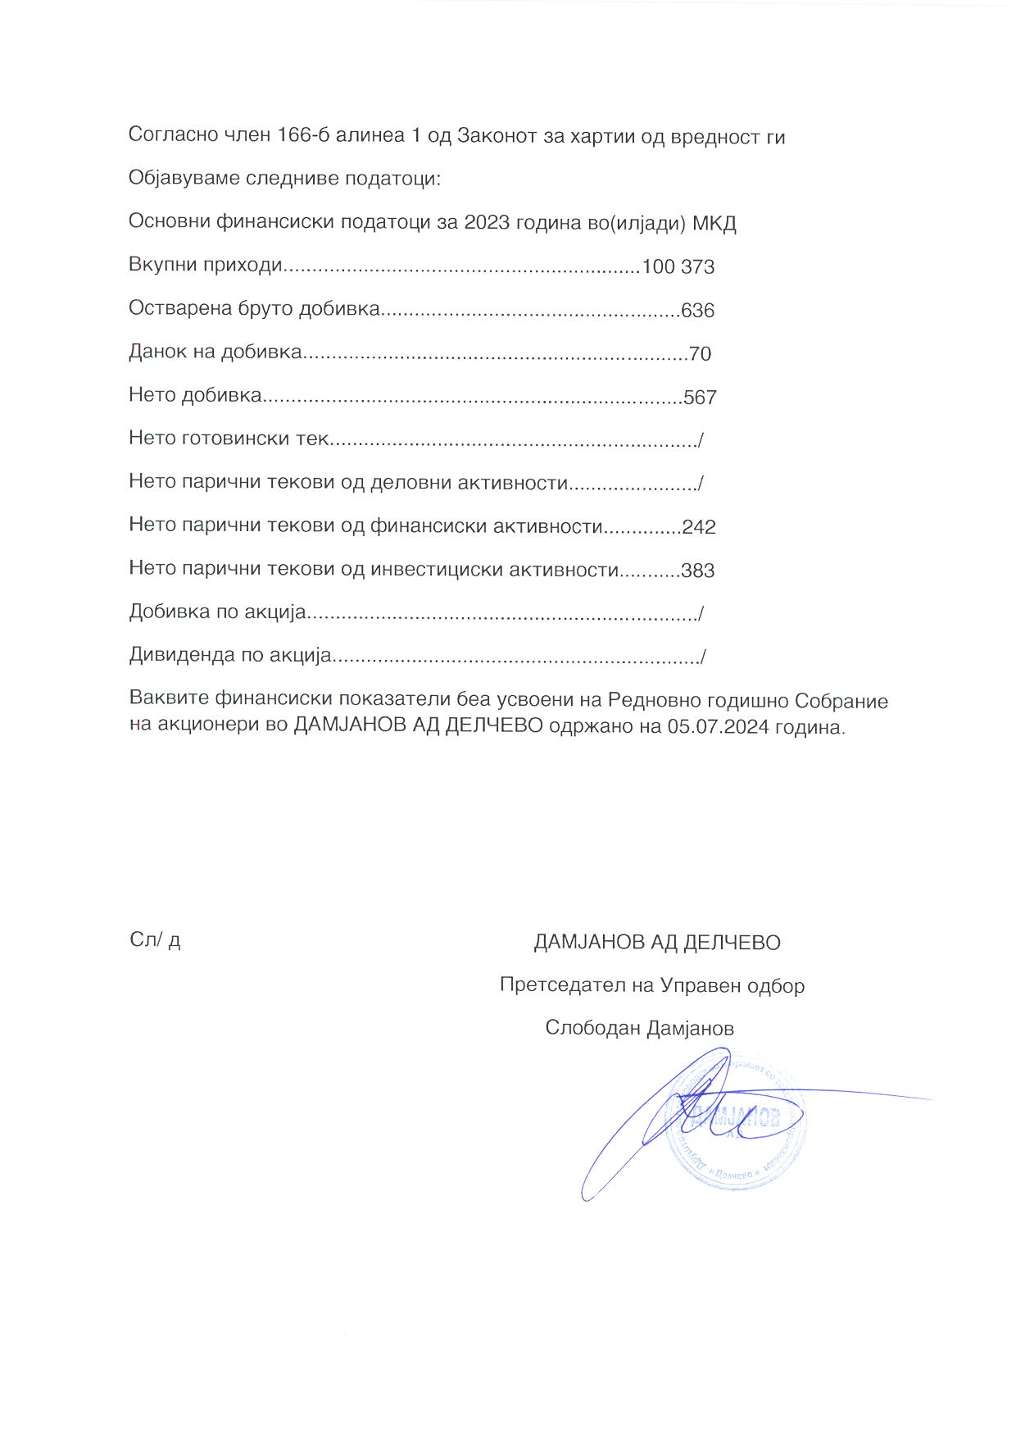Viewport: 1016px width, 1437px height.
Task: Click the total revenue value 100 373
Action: click(x=678, y=267)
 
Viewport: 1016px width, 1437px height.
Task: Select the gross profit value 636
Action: click(x=697, y=311)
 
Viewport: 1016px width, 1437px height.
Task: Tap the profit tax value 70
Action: click(x=700, y=354)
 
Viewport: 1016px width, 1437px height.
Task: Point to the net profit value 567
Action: click(x=700, y=398)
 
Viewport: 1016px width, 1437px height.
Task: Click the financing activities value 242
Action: click(x=698, y=527)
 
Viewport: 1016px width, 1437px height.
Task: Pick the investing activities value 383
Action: click(x=698, y=571)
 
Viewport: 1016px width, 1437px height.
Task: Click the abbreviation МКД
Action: click(x=714, y=223)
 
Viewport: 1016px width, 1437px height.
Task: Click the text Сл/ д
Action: click(x=155, y=940)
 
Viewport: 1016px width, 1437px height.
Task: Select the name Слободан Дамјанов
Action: click(x=639, y=1028)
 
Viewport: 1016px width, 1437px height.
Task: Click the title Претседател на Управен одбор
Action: click(x=652, y=985)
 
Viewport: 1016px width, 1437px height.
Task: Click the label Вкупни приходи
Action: click(x=205, y=267)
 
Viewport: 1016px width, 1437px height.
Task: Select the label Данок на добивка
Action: click(x=215, y=353)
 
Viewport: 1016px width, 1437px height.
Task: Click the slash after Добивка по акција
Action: click(x=701, y=613)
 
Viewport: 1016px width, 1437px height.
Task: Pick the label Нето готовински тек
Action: click(x=228, y=439)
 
